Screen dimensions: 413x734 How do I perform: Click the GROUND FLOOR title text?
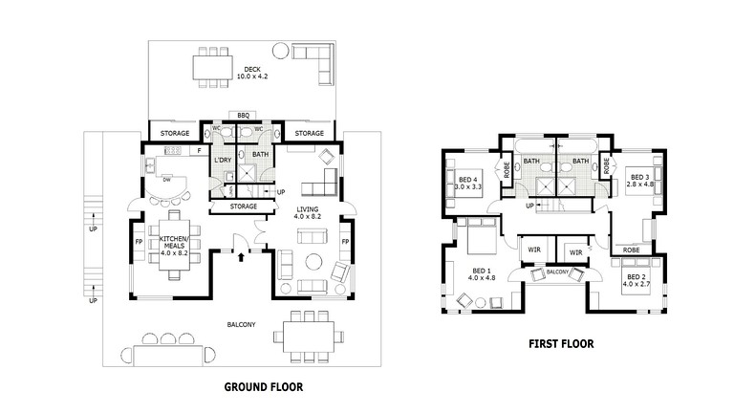tap(263, 387)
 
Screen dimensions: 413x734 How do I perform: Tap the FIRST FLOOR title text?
tap(561, 343)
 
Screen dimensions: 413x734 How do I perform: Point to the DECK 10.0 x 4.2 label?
tap(252, 73)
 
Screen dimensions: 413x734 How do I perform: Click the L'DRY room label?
tap(222, 160)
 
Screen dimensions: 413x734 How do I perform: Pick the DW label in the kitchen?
tap(166, 179)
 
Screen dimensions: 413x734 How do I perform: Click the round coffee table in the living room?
tap(313, 263)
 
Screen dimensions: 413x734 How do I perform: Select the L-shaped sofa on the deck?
tap(315, 63)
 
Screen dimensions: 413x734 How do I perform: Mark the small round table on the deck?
tap(280, 50)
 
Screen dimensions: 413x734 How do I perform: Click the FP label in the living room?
tap(343, 242)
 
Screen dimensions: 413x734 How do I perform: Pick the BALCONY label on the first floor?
tap(557, 272)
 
